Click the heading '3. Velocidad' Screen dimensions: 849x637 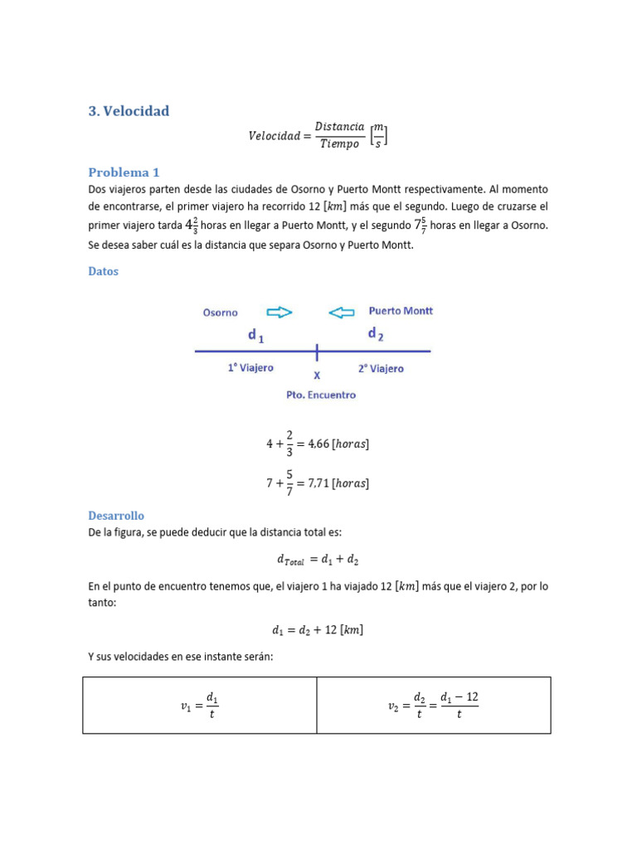129,111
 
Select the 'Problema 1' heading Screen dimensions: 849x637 124,172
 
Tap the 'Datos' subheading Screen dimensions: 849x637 103,271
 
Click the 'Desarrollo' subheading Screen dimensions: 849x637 116,515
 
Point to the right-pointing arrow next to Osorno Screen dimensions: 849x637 280,313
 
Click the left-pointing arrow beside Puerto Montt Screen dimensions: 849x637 341,313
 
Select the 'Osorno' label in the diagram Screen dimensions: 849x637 220,313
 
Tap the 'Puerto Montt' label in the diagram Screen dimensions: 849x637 400,311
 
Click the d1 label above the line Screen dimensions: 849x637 256,336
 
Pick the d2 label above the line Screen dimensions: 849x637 375,334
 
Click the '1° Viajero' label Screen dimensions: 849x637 250,367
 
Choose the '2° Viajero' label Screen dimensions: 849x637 381,368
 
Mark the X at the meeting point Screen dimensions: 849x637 317,376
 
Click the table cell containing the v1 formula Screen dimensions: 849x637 200,706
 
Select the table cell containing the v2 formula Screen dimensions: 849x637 434,706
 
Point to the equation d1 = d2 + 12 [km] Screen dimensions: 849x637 318,630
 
